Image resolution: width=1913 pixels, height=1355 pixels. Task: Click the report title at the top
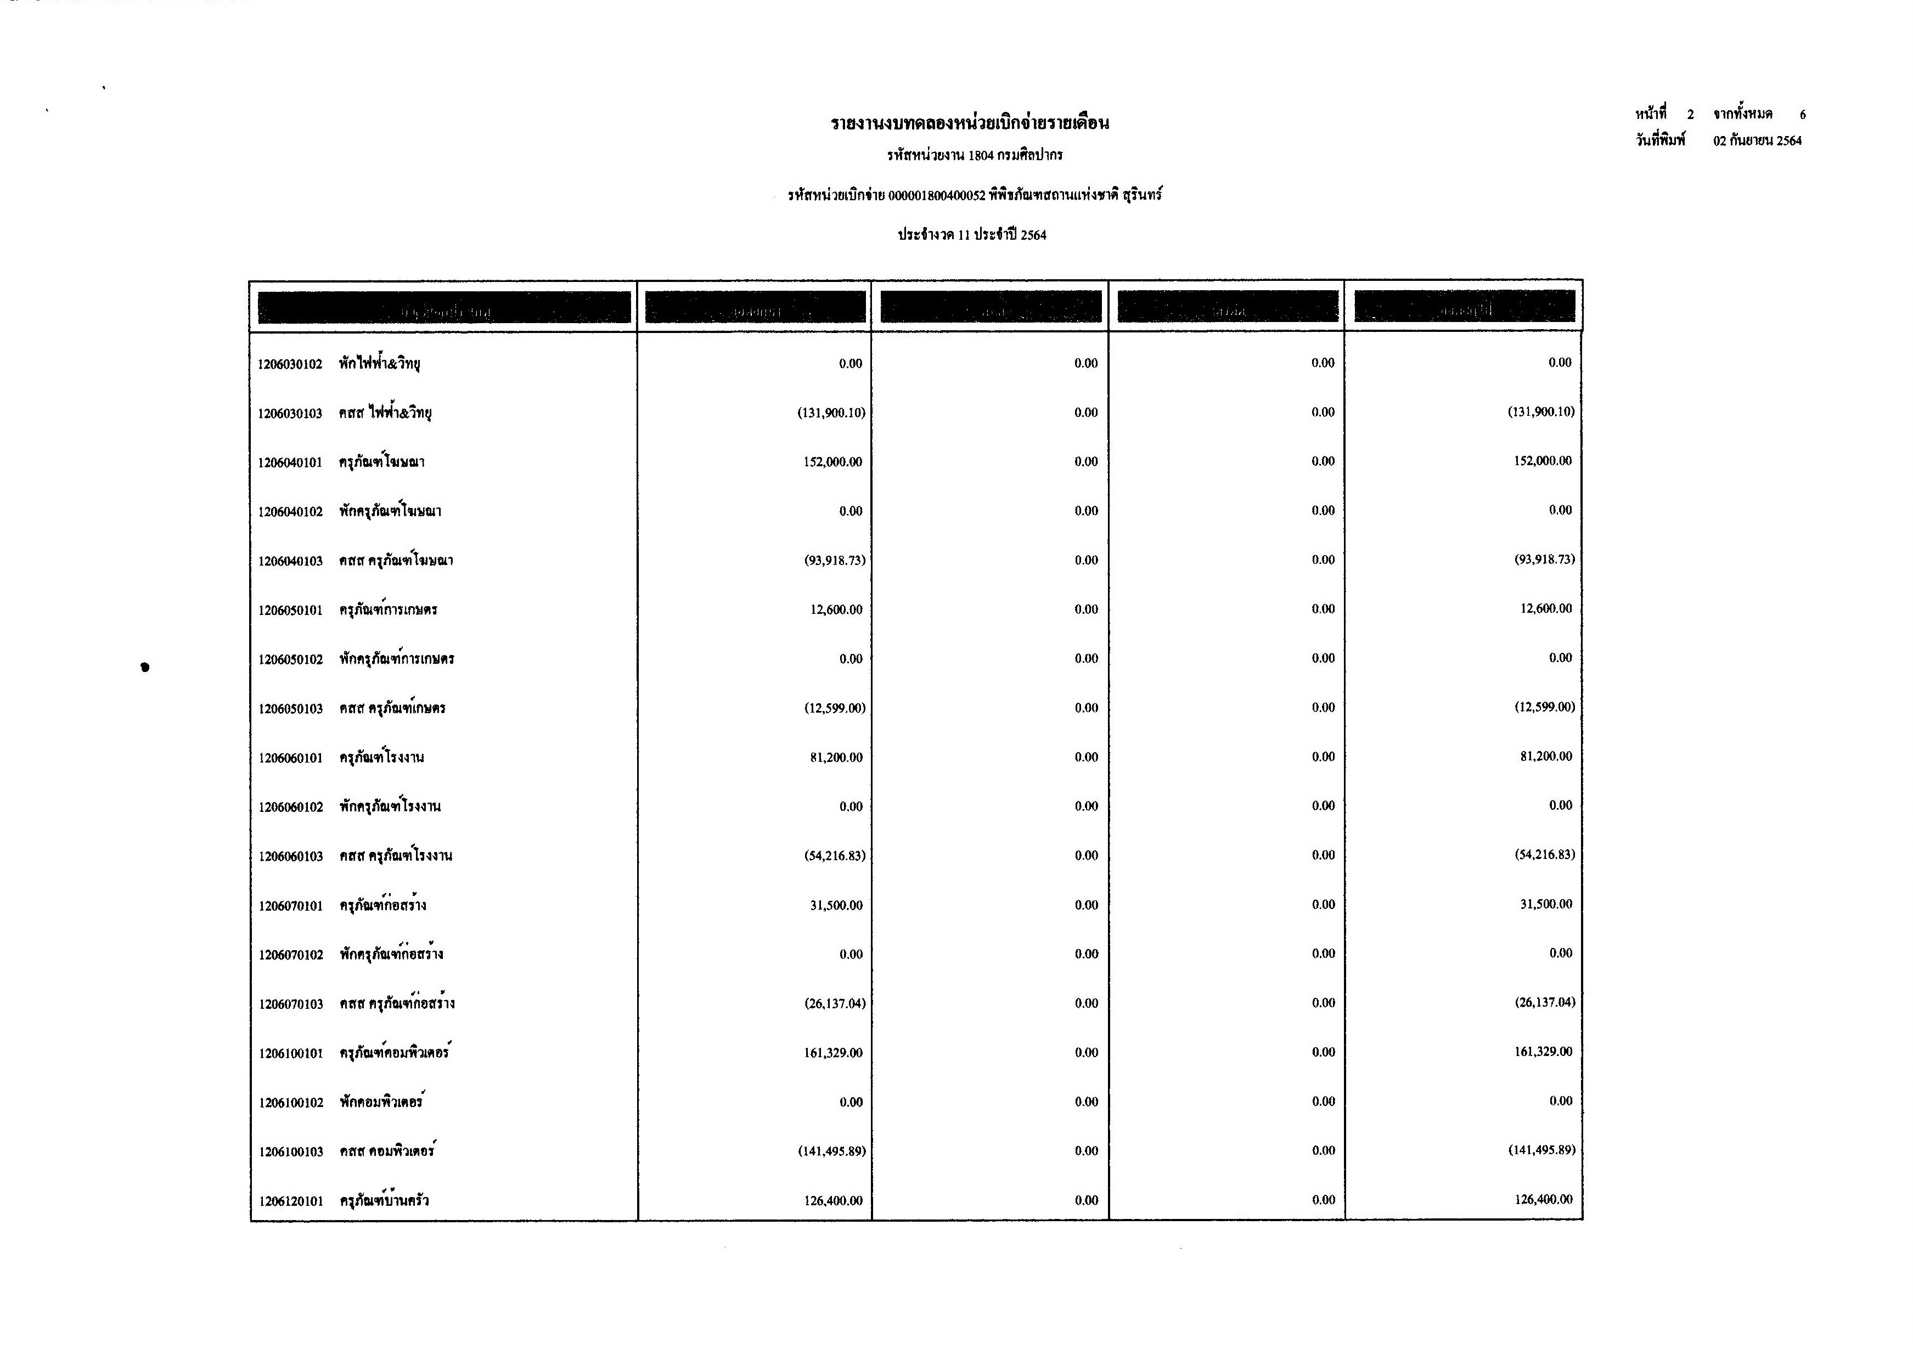969,123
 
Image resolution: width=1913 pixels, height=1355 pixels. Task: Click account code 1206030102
290,364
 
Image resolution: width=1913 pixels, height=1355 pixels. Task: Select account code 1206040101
290,462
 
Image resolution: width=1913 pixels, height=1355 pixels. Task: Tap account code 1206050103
290,708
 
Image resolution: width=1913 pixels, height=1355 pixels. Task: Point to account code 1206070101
290,905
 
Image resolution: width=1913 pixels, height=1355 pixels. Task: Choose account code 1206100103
290,1151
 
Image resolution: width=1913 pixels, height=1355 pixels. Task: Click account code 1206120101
290,1201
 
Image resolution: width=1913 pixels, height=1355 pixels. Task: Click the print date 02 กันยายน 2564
1757,141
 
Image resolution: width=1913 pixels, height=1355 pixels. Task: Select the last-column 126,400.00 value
1543,1199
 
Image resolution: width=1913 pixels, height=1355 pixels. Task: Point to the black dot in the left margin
145,667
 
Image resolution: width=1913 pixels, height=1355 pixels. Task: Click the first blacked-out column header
444,307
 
